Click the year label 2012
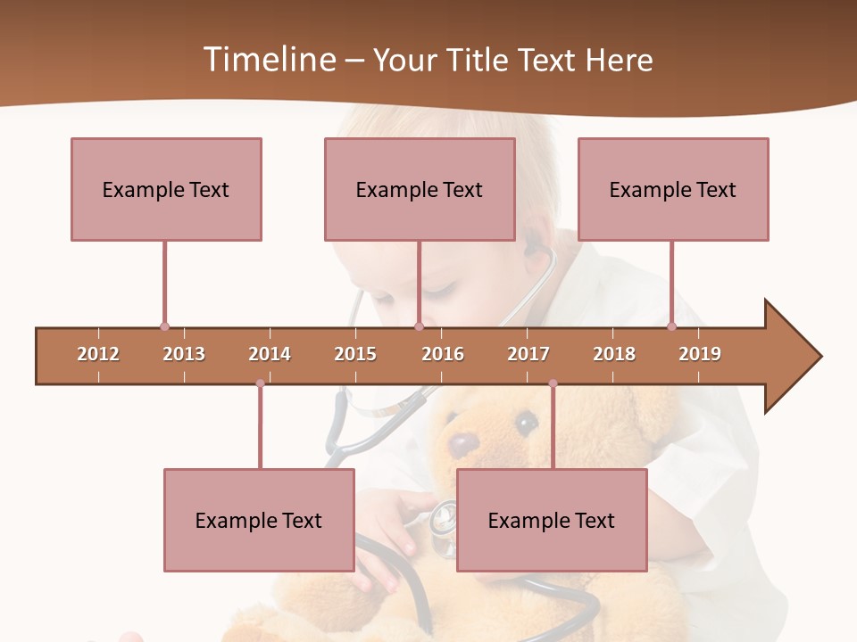coord(98,354)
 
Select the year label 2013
coord(184,354)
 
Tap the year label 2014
coord(270,354)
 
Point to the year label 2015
coord(355,354)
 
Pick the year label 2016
coord(443,354)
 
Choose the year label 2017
coord(528,354)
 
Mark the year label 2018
coord(614,354)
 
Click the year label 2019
coord(700,354)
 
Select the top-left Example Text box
coord(166,189)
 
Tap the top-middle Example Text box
coord(420,189)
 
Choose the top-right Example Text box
coord(673,189)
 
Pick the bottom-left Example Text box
coord(259,520)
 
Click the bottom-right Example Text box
coord(552,520)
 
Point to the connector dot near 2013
coord(164,326)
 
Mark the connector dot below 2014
coord(260,383)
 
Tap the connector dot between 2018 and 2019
coord(671,326)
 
